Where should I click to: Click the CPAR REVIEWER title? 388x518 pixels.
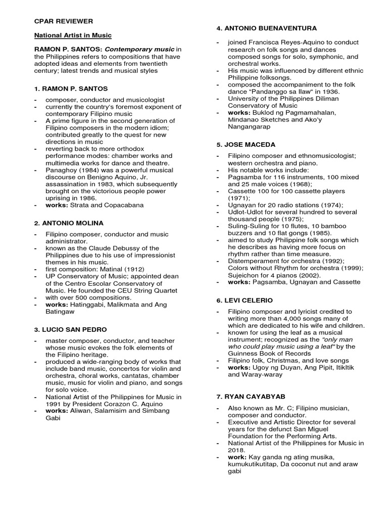63,21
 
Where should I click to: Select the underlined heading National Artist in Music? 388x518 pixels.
72,35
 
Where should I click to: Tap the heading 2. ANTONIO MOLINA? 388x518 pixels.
68,223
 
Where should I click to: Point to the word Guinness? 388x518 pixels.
244,354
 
